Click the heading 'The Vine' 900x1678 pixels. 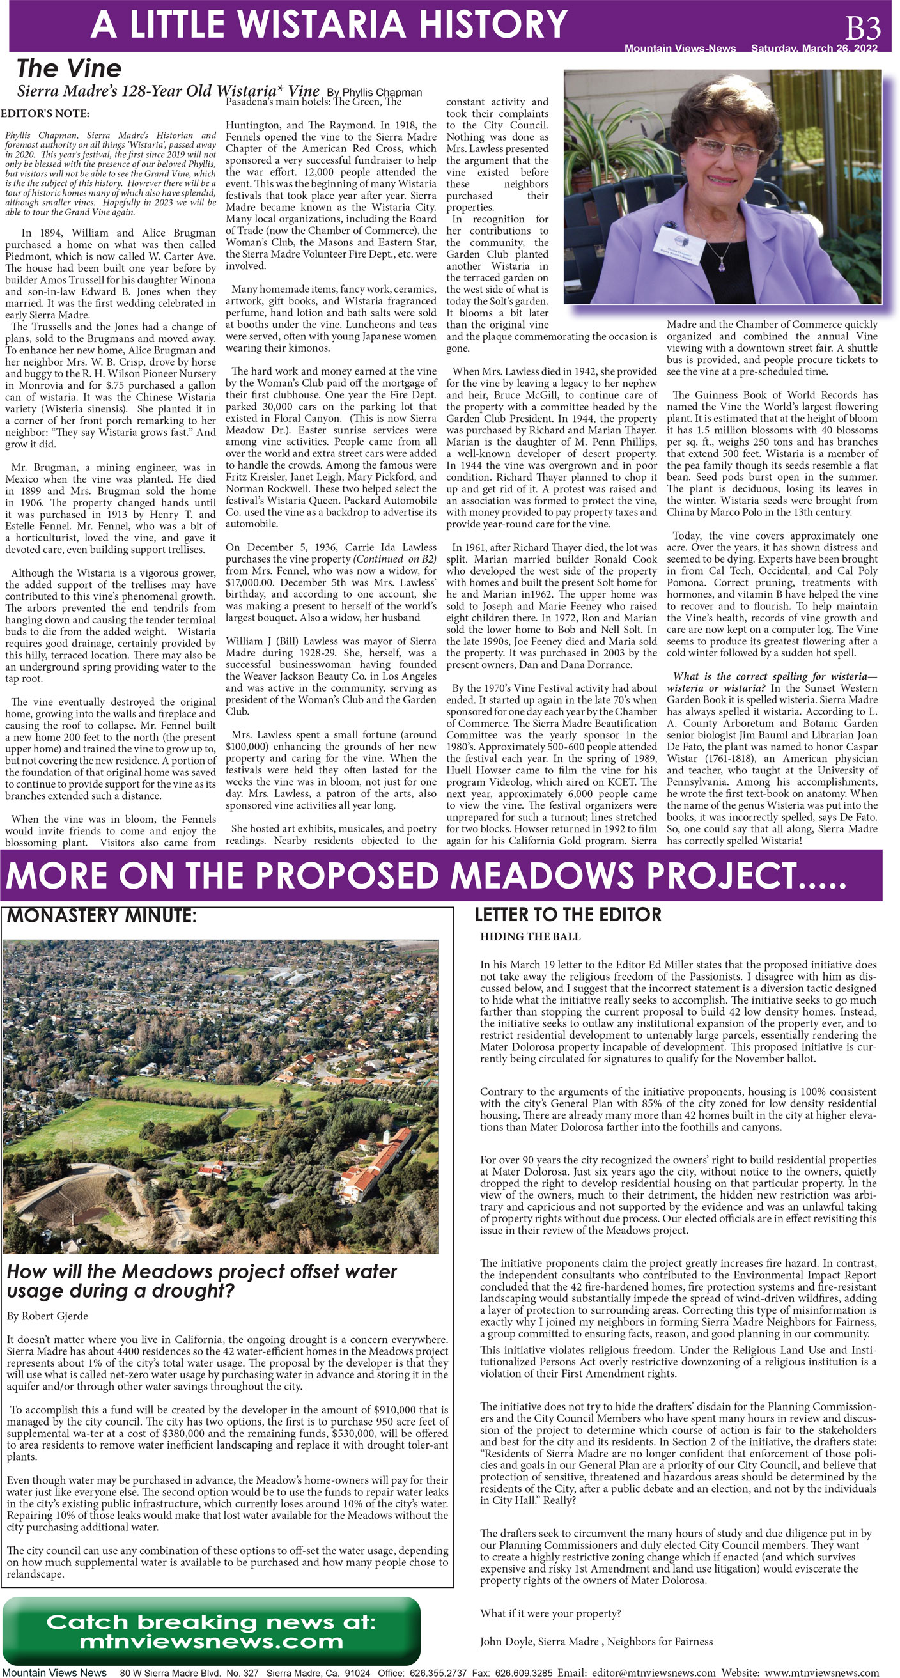tap(68, 68)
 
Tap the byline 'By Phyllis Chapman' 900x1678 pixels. tap(374, 93)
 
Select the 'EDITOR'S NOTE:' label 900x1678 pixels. tap(45, 113)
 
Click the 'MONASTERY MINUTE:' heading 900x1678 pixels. tap(101, 916)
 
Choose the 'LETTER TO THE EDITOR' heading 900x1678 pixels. tap(567, 915)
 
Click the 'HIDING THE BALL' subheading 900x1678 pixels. tap(530, 936)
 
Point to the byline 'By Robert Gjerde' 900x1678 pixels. tap(47, 1316)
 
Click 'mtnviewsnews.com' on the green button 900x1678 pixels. tap(211, 1641)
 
